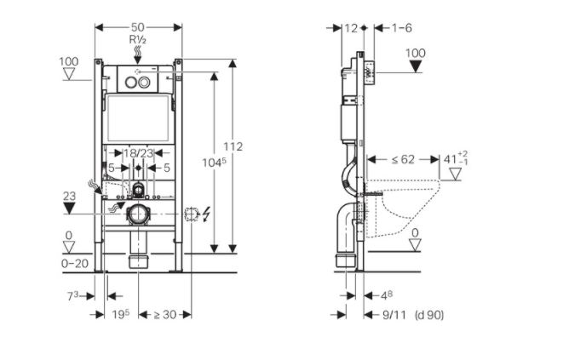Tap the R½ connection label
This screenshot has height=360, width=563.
pyautogui.click(x=138, y=39)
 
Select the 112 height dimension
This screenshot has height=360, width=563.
pyautogui.click(x=233, y=146)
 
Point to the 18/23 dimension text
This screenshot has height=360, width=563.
pyautogui.click(x=138, y=153)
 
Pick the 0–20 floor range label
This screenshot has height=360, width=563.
pyautogui.click(x=75, y=264)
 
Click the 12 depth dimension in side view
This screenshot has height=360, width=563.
pyautogui.click(x=349, y=28)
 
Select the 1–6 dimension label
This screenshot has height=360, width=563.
pyautogui.click(x=402, y=28)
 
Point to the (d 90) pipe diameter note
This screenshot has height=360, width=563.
pyautogui.click(x=429, y=315)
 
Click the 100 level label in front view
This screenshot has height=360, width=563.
pyautogui.click(x=69, y=61)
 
